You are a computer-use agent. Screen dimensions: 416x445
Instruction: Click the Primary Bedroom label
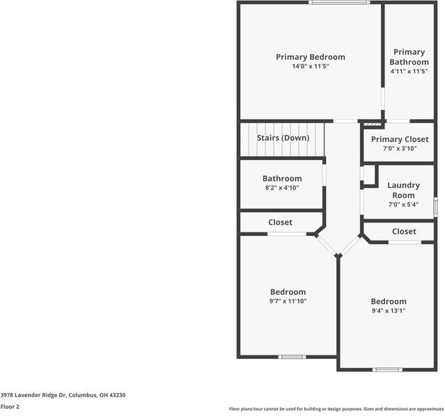(310, 57)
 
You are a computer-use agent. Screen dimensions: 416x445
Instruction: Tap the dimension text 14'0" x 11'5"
(310, 66)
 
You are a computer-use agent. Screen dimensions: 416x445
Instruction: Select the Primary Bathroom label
(409, 57)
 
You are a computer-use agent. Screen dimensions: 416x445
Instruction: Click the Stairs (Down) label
(282, 138)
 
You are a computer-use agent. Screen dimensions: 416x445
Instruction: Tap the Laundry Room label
(403, 190)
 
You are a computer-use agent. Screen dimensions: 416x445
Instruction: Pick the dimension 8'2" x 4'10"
(281, 188)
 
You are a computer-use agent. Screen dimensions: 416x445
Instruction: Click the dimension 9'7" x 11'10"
(288, 301)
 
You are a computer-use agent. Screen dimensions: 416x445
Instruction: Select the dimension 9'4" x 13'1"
(388, 310)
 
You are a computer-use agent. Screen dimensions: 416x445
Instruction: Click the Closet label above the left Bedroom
(280, 223)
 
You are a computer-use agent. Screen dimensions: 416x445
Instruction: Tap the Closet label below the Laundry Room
(404, 231)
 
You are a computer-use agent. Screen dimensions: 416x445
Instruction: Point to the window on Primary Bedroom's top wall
(338, 3)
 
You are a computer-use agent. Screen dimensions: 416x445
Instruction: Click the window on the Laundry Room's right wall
(435, 207)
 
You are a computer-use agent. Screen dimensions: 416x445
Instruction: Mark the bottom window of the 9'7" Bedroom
(292, 357)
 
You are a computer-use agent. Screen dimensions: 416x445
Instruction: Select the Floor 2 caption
(10, 406)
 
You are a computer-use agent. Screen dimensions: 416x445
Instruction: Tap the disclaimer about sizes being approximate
(336, 409)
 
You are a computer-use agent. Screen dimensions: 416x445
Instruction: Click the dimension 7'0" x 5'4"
(403, 205)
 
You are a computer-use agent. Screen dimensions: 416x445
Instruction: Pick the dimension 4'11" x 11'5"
(409, 71)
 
